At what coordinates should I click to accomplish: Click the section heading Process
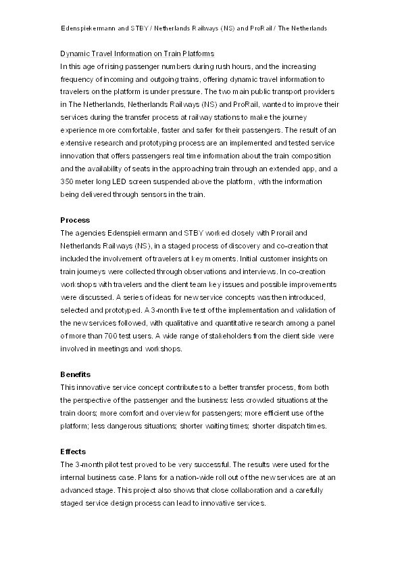[x=74, y=220]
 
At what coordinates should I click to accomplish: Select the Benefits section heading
[x=76, y=374]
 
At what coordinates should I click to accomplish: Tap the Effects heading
[x=74, y=452]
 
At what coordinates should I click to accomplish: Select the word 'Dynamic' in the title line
[x=75, y=53]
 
